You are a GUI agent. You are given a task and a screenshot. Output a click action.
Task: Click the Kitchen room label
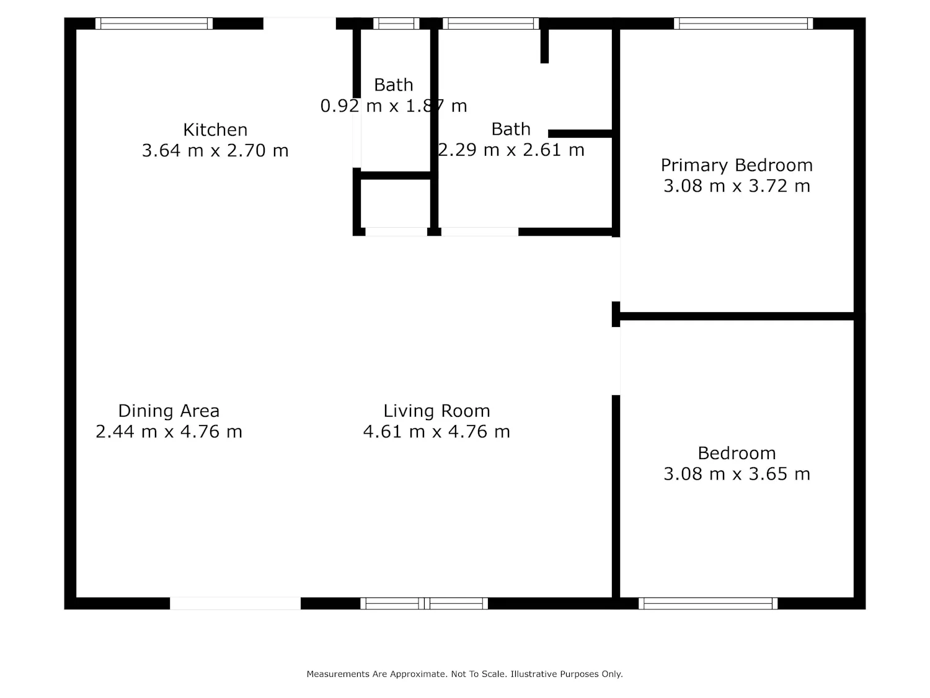[x=215, y=130]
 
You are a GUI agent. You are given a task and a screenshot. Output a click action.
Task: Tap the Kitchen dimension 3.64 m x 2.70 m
[x=215, y=150]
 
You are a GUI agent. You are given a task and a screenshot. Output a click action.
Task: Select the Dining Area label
[x=169, y=411]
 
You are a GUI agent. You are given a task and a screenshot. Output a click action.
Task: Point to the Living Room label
[x=436, y=411]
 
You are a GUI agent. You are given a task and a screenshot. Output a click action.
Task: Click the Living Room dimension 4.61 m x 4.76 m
[x=436, y=432]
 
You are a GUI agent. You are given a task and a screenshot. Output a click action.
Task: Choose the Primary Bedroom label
[x=737, y=165]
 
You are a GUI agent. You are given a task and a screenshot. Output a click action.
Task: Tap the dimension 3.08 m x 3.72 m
[x=737, y=186]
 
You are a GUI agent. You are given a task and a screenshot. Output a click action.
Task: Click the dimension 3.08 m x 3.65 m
[x=737, y=474]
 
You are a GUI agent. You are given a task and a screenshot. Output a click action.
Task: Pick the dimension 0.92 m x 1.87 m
[x=393, y=106]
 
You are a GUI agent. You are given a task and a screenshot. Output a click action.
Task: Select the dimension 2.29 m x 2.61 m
[x=511, y=150]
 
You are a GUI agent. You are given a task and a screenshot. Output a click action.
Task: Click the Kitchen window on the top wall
[x=154, y=24]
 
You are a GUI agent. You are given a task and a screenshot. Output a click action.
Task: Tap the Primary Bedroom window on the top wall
[x=743, y=24]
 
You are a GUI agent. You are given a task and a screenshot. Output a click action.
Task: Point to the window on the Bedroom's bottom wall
[x=707, y=604]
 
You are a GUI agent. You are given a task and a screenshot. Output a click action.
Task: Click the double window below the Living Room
[x=423, y=604]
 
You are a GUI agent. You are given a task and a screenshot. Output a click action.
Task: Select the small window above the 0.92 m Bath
[x=396, y=24]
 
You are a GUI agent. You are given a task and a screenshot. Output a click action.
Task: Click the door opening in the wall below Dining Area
[x=235, y=604]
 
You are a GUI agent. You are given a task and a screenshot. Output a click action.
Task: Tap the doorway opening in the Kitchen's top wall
[x=299, y=24]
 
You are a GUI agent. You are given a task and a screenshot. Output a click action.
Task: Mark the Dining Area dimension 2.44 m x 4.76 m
[x=169, y=432]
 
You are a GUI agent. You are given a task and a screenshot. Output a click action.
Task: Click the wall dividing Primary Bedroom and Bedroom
[x=737, y=316]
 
